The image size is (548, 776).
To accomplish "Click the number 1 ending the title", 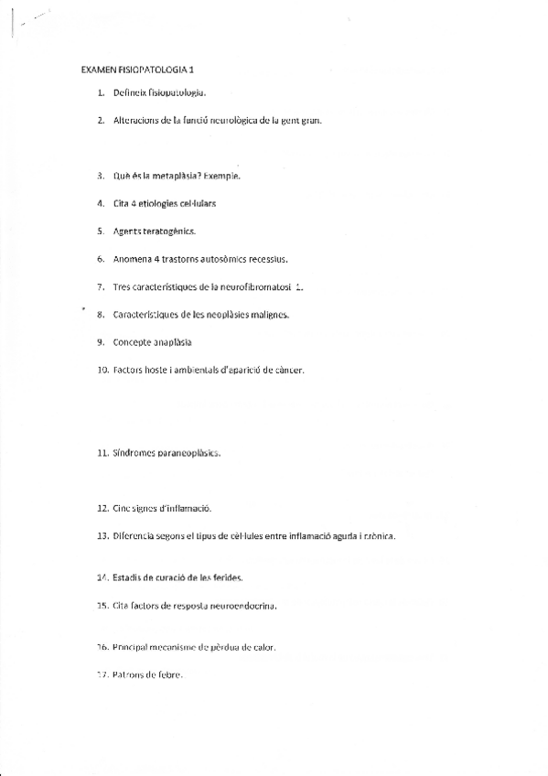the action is pyautogui.click(x=192, y=70).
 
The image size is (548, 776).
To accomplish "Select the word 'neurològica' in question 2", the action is pyautogui.click(x=235, y=120).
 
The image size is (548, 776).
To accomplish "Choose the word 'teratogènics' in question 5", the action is pyautogui.click(x=168, y=231).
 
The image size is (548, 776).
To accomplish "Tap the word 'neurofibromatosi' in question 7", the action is pyautogui.click(x=252, y=286).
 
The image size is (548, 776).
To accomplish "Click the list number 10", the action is pyautogui.click(x=102, y=371).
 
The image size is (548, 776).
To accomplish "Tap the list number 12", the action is pyautogui.click(x=102, y=507).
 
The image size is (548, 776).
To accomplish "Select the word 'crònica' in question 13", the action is pyautogui.click(x=375, y=535).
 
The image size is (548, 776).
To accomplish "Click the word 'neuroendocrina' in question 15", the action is pyautogui.click(x=240, y=606).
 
